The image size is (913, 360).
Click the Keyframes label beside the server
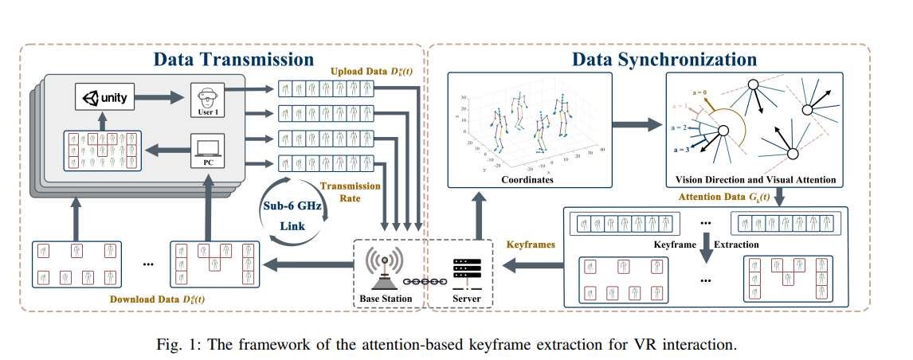click(x=531, y=237)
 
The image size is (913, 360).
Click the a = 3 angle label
click(x=683, y=149)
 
